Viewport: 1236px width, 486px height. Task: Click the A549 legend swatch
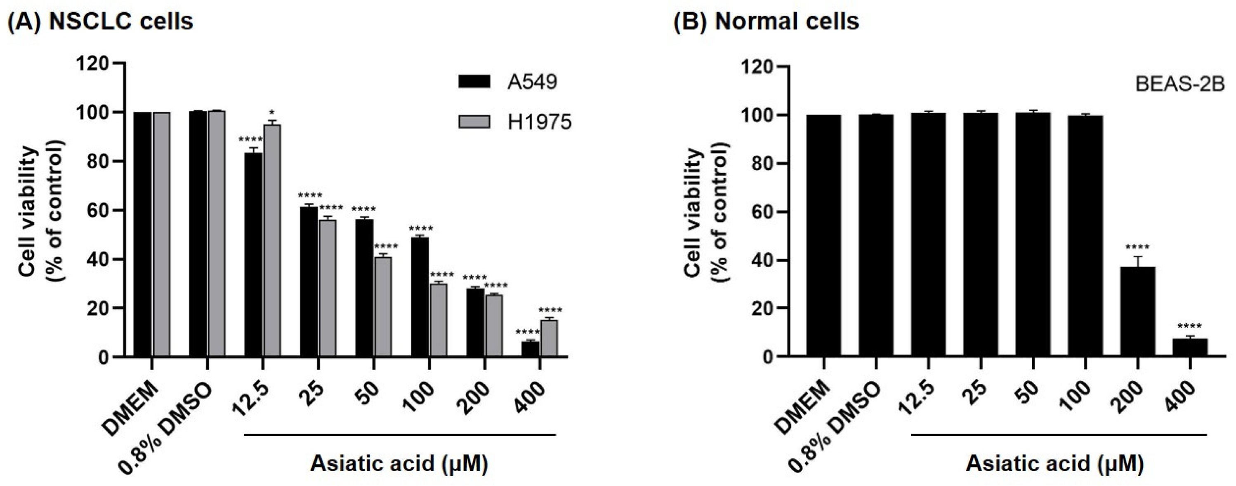click(x=474, y=82)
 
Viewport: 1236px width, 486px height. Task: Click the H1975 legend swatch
click(x=474, y=122)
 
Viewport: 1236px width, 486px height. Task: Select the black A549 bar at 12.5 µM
click(x=253, y=254)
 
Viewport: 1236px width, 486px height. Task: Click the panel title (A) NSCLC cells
click(x=101, y=21)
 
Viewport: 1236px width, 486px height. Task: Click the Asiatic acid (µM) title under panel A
click(x=399, y=464)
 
